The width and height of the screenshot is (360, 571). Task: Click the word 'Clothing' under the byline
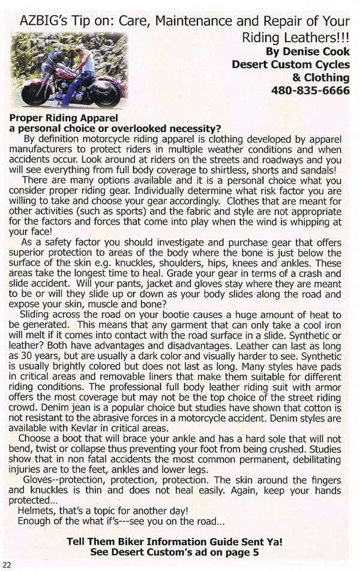click(x=326, y=78)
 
